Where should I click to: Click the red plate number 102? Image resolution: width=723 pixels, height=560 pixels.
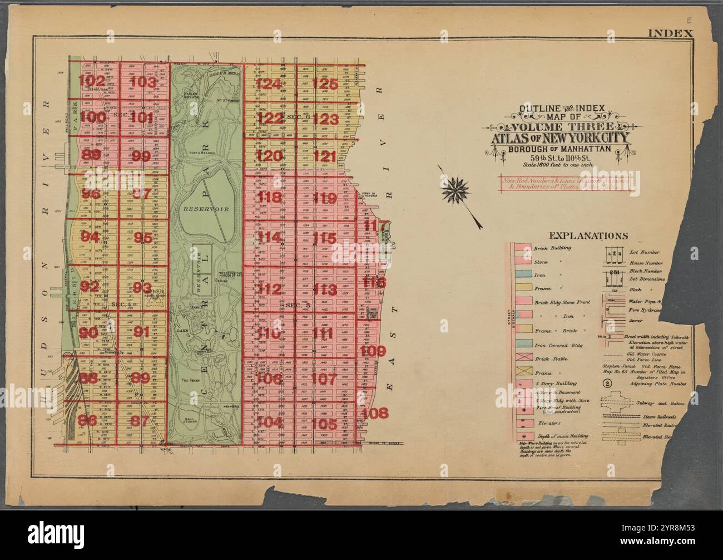pyautogui.click(x=91, y=81)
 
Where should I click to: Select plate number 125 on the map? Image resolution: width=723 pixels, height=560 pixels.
pyautogui.click(x=325, y=84)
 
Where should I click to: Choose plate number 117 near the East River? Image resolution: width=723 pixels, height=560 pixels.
pyautogui.click(x=375, y=225)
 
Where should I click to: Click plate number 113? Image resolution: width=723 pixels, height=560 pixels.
pyautogui.click(x=325, y=290)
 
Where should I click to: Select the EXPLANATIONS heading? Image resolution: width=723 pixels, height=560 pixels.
pyautogui.click(x=588, y=235)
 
